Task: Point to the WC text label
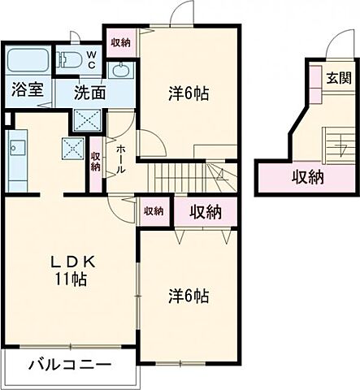[91, 60]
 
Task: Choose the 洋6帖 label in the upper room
[189, 93]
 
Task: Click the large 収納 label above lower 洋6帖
[206, 211]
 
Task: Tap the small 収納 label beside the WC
[119, 42]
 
